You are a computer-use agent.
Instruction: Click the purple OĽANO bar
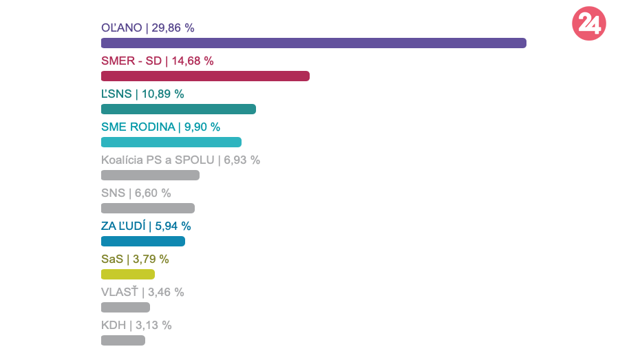pos(313,43)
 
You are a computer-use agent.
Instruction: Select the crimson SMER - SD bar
pos(205,76)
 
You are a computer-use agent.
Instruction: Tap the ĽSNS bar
pos(178,109)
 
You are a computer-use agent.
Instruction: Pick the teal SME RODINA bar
pos(171,142)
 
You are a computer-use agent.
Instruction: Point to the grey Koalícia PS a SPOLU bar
pos(150,176)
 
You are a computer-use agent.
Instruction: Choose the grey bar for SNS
pos(148,209)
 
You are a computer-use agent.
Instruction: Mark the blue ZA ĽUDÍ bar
pos(143,242)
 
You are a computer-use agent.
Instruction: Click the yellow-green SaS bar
pos(128,275)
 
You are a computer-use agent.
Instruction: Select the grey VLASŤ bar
pos(125,308)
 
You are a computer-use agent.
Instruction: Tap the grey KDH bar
pos(123,340)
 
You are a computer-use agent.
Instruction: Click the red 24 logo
pos(588,24)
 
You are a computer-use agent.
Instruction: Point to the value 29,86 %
pos(172,28)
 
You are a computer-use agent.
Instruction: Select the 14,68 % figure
pos(193,61)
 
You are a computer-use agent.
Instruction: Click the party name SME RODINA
pos(138,127)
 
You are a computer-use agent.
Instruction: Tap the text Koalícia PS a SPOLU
pos(158,160)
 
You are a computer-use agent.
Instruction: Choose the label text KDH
pos(114,326)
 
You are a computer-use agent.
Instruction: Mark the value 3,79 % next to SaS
pos(150,260)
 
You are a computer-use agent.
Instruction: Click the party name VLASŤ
pos(120,293)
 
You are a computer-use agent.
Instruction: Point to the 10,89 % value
pos(163,94)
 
